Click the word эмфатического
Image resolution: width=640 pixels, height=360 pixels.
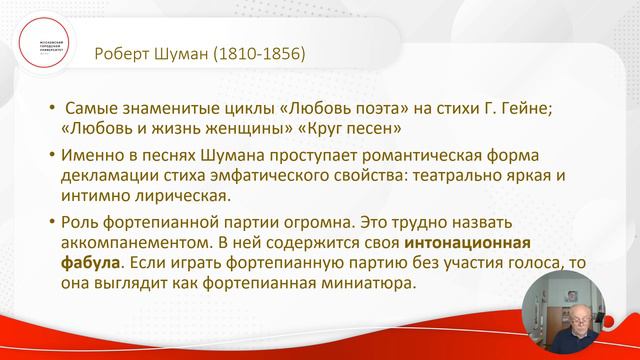pos(262,176)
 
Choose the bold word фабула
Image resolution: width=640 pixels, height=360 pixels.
pos(91,264)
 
